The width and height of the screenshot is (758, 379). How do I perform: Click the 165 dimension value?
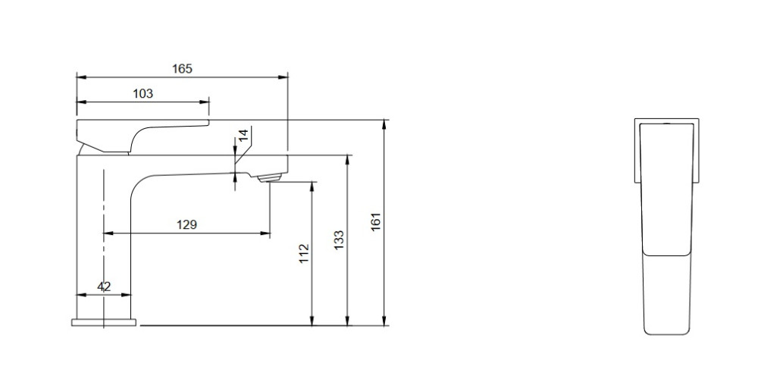click(x=182, y=68)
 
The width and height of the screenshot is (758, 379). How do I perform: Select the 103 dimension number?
click(x=143, y=93)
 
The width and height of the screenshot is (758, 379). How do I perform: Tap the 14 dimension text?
click(x=243, y=136)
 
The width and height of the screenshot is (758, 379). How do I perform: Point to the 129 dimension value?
click(x=186, y=224)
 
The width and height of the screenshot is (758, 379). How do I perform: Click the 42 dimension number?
click(x=105, y=287)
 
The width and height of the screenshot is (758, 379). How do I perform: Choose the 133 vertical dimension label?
click(x=339, y=240)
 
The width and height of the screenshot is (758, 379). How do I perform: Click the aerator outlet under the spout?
click(x=271, y=178)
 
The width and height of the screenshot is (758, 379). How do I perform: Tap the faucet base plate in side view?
click(x=105, y=322)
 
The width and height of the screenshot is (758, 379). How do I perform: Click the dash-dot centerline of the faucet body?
click(x=103, y=227)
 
